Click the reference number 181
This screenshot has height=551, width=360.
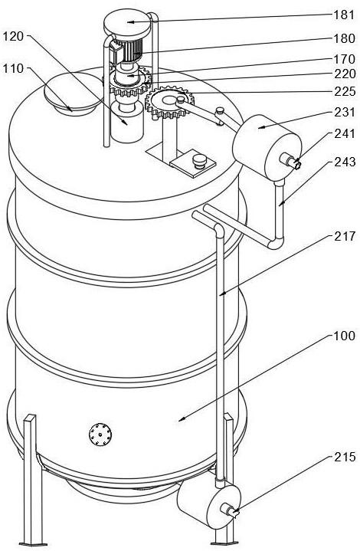tap(345, 15)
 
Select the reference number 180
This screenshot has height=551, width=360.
tap(345, 38)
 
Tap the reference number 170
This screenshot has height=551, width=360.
tap(345, 58)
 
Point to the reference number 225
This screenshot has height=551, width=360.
tap(345, 91)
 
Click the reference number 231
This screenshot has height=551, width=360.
tap(345, 112)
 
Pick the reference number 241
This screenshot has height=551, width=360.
tap(345, 133)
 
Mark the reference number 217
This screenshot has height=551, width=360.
tap(345, 236)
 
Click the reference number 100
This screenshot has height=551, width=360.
tap(345, 336)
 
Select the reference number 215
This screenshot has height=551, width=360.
tap(345, 457)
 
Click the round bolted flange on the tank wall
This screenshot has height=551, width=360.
tap(100, 435)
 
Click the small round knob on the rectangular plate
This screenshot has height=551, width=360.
tap(200, 162)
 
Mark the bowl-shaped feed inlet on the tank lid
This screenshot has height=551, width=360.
tap(72, 94)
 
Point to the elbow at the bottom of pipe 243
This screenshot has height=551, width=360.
tap(277, 242)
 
